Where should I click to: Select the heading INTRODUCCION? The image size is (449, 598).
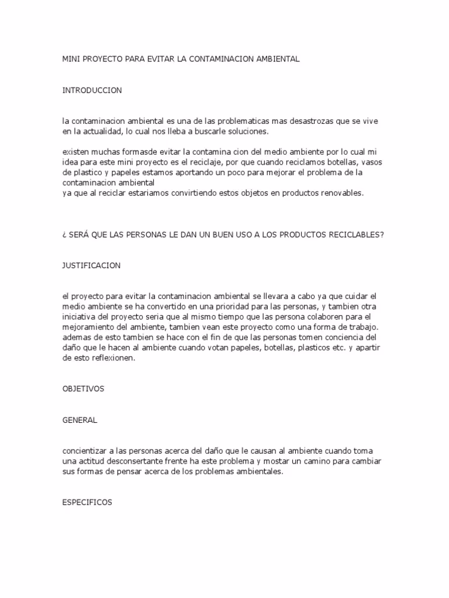[x=92, y=91]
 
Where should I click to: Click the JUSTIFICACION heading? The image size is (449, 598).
[x=91, y=266]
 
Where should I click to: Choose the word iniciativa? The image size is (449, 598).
[x=80, y=317]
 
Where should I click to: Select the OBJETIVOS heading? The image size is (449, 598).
[x=83, y=389]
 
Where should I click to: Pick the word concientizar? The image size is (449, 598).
[x=87, y=451]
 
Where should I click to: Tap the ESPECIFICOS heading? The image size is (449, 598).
[x=87, y=502]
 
